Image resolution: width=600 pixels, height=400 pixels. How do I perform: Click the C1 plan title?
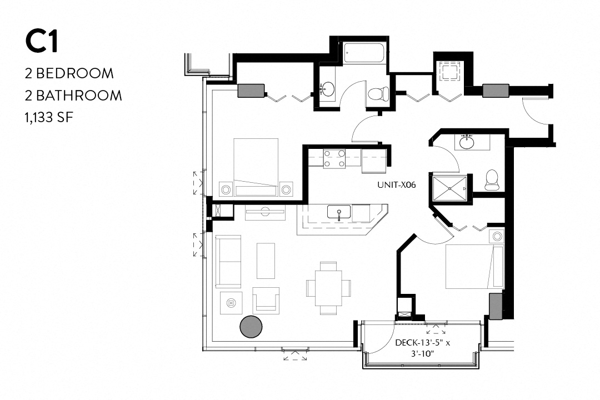pyautogui.click(x=42, y=42)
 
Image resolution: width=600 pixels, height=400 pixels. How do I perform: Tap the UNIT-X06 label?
pyautogui.click(x=396, y=184)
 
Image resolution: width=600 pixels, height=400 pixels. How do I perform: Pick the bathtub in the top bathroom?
pyautogui.click(x=364, y=53)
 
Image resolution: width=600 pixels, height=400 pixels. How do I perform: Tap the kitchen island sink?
pyautogui.click(x=338, y=212)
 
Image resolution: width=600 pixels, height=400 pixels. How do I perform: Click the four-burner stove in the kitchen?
pyautogui.click(x=334, y=158)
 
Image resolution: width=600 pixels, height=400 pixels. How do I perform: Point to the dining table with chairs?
pyautogui.click(x=328, y=287)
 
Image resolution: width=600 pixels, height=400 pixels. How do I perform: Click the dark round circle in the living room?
pyautogui.click(x=252, y=327)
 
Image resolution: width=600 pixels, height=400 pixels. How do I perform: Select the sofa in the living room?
pyautogui.click(x=228, y=261)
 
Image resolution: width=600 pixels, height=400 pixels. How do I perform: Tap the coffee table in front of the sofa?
pyautogui.click(x=266, y=261)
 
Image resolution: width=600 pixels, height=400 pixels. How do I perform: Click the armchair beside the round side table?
pyautogui.click(x=266, y=300)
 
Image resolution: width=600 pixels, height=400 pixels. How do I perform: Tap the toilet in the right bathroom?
pyautogui.click(x=492, y=179)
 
